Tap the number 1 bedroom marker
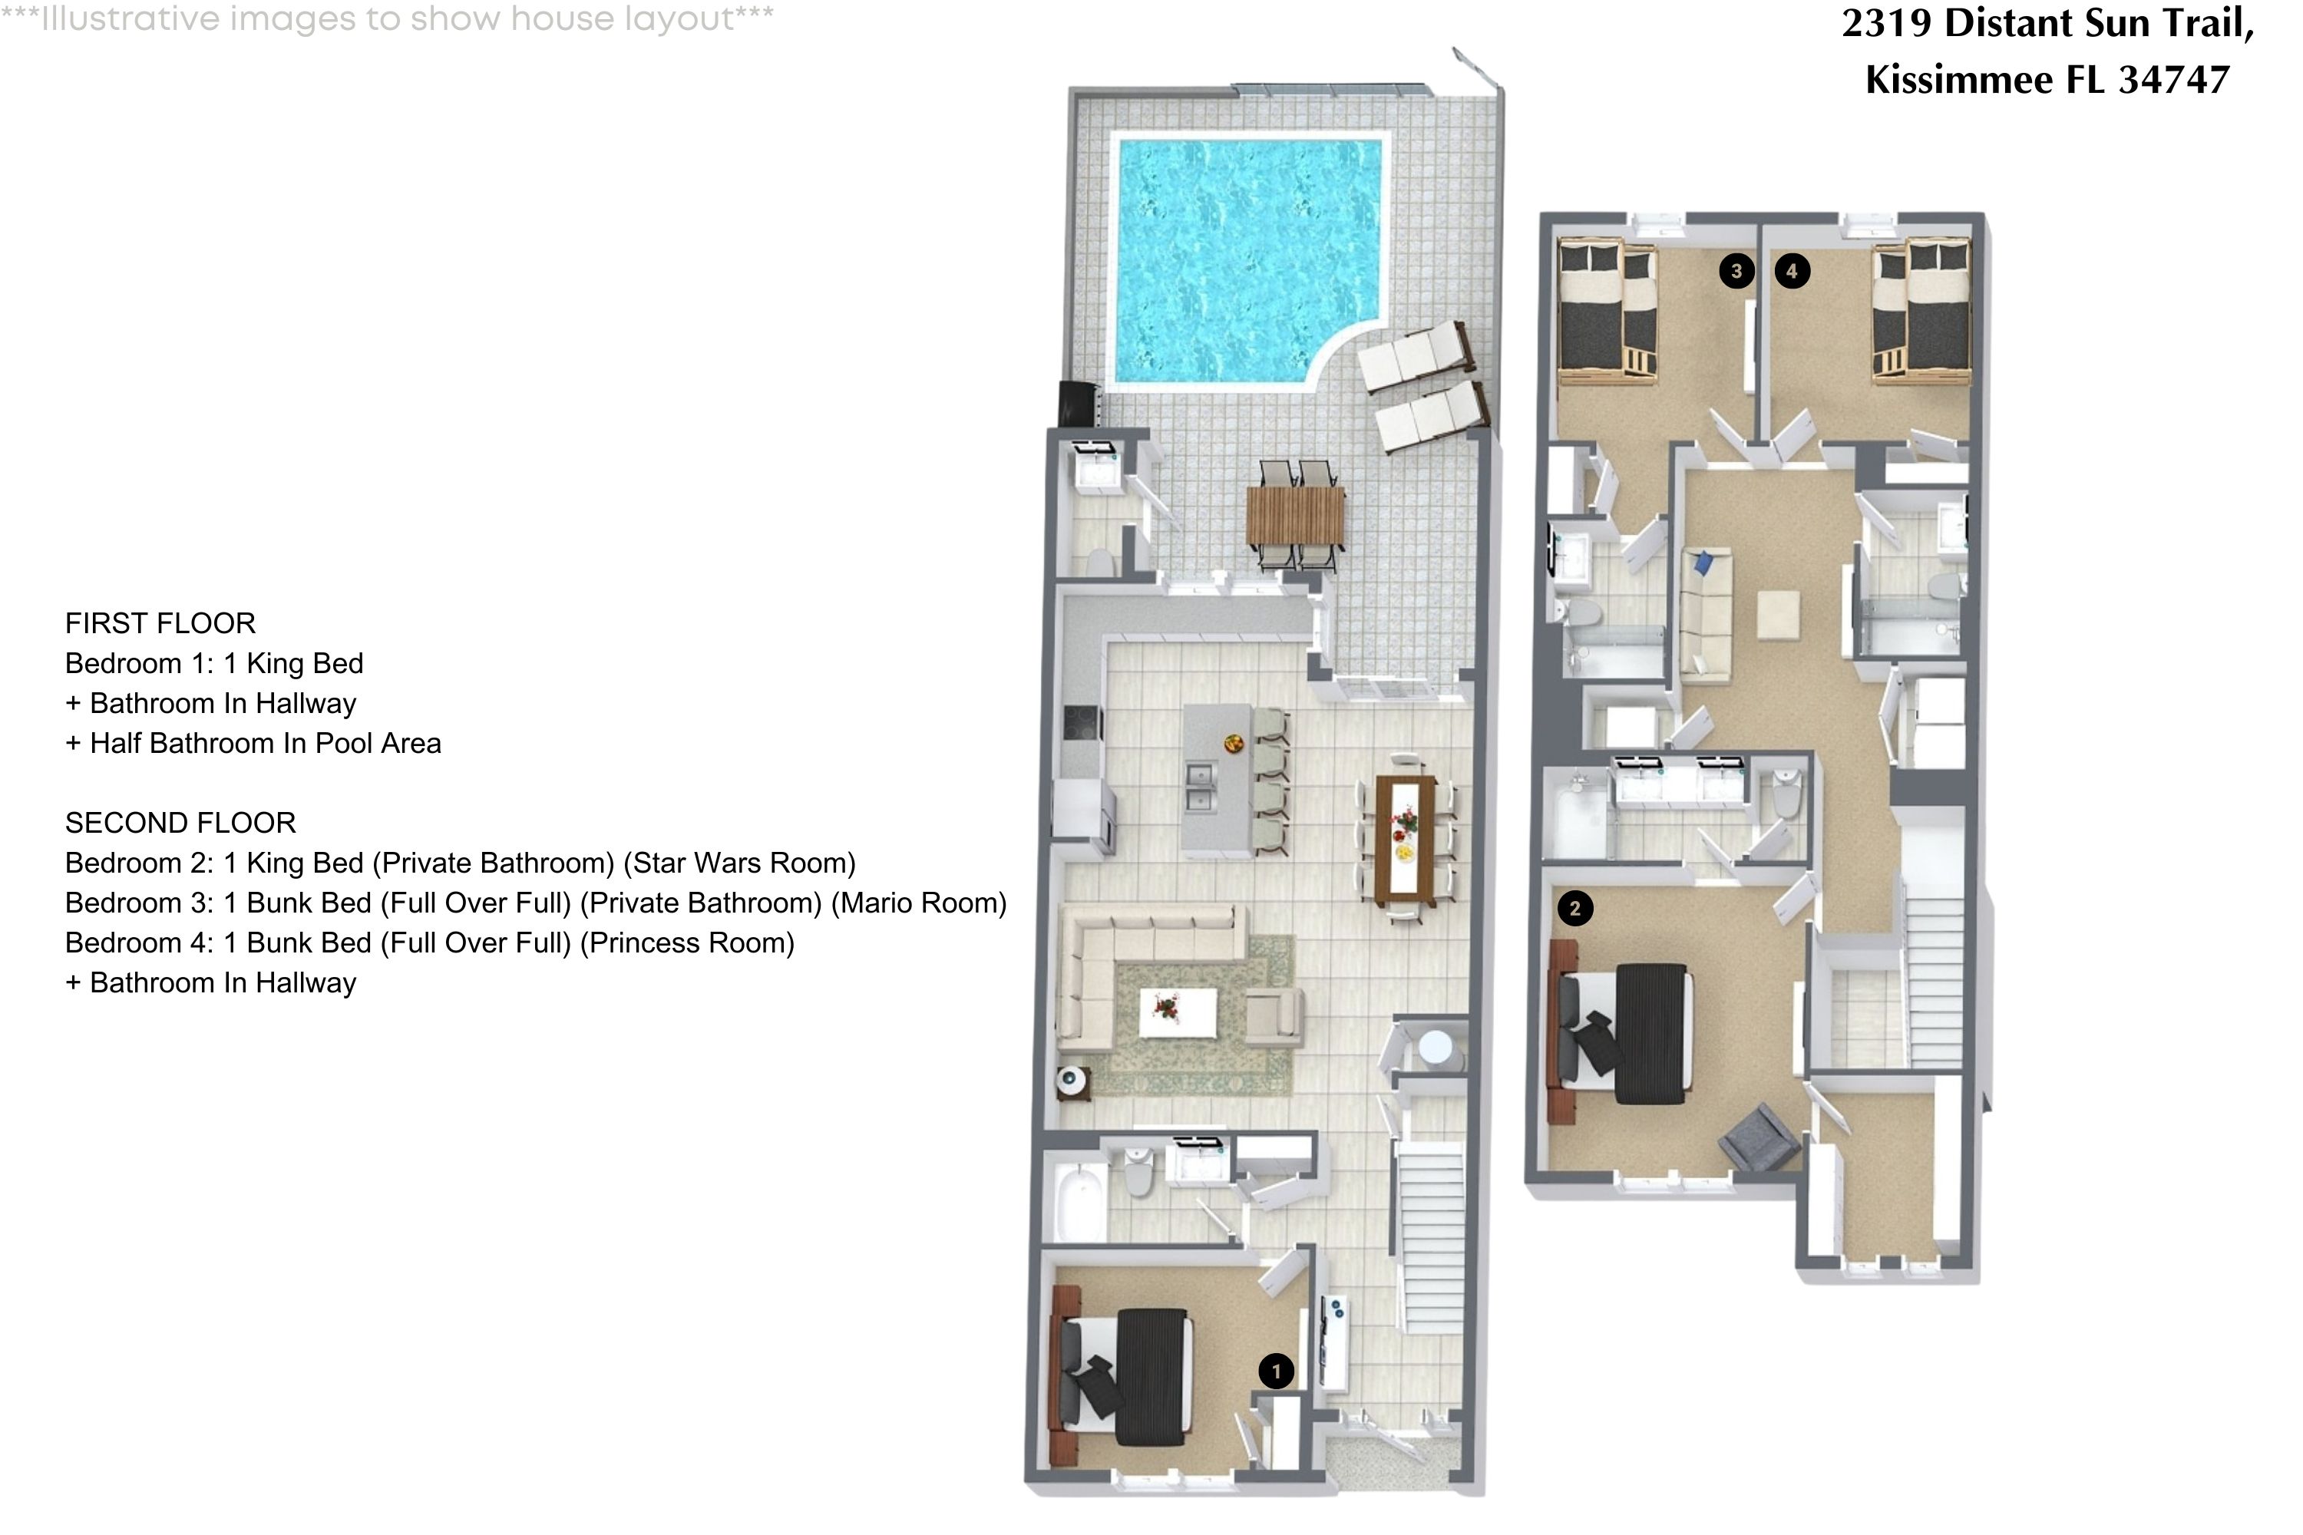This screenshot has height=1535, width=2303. (x=1276, y=1372)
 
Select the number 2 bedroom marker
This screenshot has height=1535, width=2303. (x=1574, y=909)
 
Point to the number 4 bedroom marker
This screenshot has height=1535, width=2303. (x=1792, y=270)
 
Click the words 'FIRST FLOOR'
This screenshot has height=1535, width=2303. (x=160, y=623)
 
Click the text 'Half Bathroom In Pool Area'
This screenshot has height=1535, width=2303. (x=266, y=744)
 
